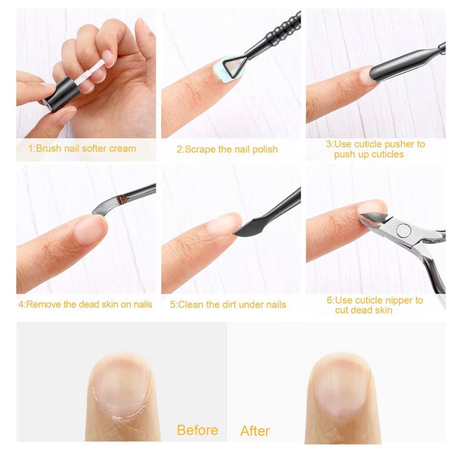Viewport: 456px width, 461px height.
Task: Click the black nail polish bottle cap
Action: [x=59, y=96]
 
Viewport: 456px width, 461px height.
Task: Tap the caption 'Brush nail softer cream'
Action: [x=82, y=148]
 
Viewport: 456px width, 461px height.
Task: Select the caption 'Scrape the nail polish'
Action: [x=227, y=150]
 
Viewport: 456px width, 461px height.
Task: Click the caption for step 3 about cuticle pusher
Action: [x=375, y=149]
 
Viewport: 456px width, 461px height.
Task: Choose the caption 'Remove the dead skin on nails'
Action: [x=85, y=305]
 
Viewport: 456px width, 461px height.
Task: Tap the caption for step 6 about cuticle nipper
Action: [x=375, y=305]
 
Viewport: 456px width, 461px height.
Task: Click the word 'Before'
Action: [x=198, y=431]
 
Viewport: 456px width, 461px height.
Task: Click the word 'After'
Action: [x=255, y=431]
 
